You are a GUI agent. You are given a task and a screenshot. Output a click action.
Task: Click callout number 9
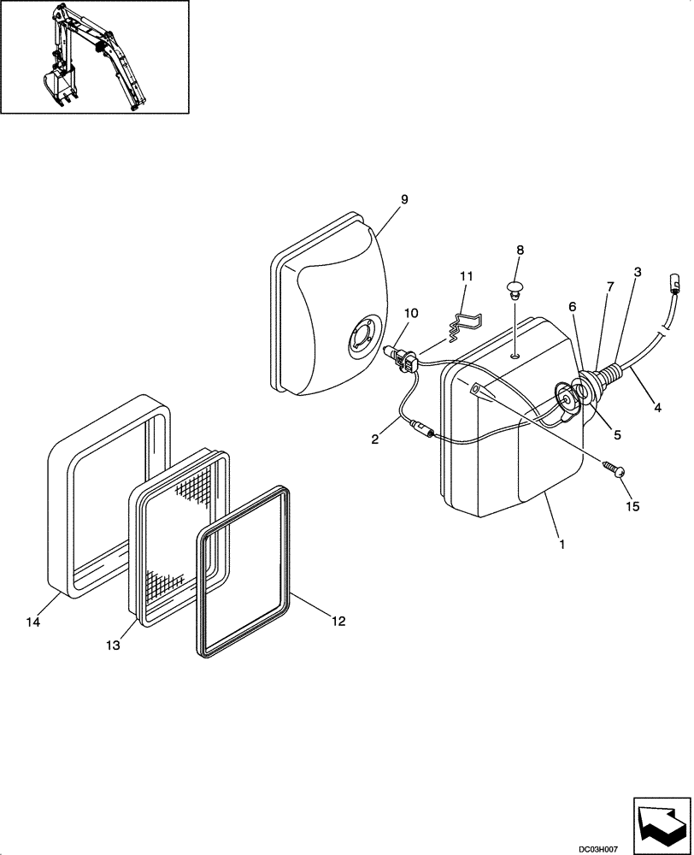point(404,199)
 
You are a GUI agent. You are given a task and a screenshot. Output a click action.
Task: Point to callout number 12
point(338,622)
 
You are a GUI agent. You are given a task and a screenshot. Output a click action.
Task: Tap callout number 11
point(465,276)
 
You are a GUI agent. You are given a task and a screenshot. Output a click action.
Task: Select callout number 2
point(374,440)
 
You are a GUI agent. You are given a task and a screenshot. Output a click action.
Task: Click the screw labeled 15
point(616,469)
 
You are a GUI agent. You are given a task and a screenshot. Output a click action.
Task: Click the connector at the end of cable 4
point(674,281)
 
